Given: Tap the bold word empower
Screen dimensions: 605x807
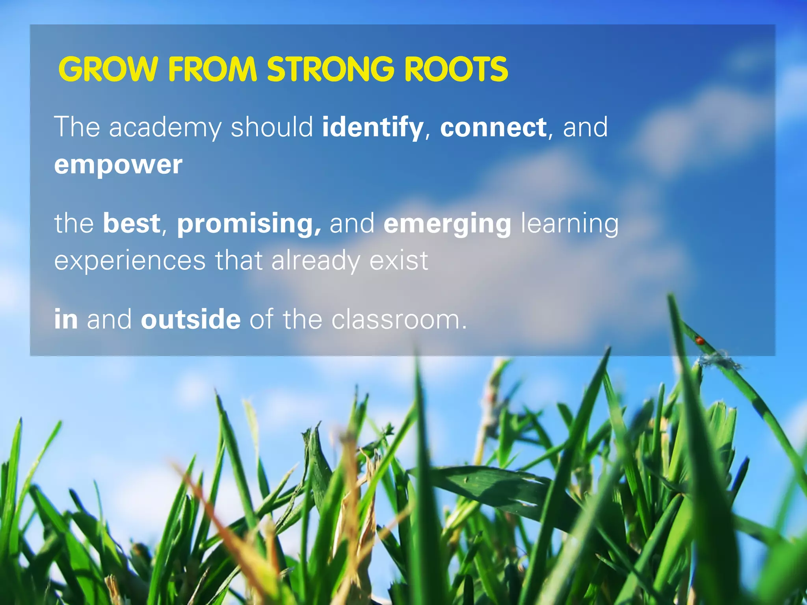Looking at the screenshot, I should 118,164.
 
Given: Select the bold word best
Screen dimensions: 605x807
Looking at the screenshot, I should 132,223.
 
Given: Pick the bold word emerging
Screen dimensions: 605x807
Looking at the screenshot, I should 448,224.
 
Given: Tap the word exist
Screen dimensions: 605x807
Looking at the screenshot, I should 398,260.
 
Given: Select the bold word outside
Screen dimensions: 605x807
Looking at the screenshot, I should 191,319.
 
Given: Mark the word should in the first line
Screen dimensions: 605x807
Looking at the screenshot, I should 272,127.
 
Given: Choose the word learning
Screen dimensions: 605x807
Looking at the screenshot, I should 570,224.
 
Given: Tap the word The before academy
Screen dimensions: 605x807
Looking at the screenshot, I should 77,127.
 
